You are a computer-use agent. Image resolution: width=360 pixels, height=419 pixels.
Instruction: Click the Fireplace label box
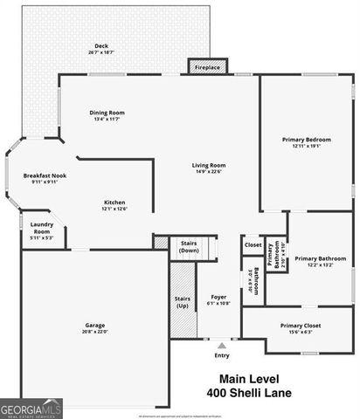pyautogui.click(x=207, y=66)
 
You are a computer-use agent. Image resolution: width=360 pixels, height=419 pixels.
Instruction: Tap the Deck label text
pyautogui.click(x=101, y=46)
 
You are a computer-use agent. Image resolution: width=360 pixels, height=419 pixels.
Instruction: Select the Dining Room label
pyautogui.click(x=107, y=113)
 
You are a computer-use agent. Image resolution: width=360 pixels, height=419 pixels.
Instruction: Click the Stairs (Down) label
pyautogui.click(x=189, y=245)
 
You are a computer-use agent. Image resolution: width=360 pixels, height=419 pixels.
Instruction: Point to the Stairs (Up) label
pyautogui.click(x=182, y=302)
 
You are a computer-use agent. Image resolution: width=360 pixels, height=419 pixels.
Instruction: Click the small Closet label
pyautogui.click(x=253, y=244)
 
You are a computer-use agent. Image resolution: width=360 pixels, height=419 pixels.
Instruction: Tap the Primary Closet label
pyautogui.click(x=301, y=325)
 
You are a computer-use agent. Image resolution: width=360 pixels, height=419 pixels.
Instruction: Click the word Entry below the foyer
pyautogui.click(x=222, y=355)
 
